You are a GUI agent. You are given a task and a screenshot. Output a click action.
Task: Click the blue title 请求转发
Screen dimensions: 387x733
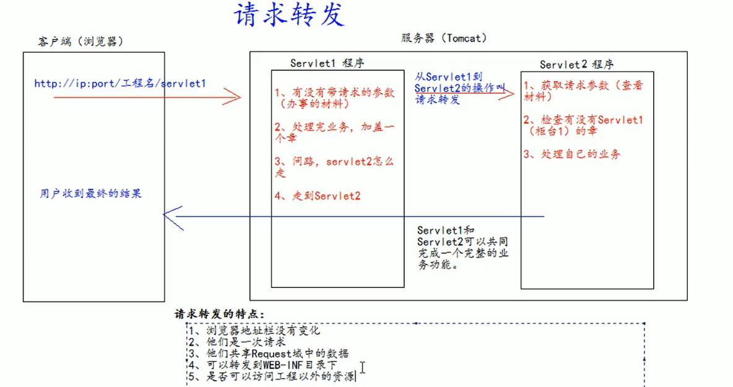(x=289, y=15)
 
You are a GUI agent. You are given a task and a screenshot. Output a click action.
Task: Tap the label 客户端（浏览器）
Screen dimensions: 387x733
(x=80, y=41)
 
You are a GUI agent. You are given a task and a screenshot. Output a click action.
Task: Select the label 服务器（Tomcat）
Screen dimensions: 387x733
(x=444, y=38)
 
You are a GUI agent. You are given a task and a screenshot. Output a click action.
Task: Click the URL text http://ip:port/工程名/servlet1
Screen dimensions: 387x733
(x=120, y=83)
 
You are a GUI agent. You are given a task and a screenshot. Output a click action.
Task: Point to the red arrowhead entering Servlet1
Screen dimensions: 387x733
(x=233, y=97)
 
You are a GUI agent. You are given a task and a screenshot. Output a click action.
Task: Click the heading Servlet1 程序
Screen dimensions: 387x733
(x=327, y=63)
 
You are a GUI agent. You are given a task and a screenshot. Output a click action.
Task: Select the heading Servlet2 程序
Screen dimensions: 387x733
(x=576, y=64)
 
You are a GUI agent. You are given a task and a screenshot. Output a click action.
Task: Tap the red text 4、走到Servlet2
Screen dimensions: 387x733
(x=318, y=196)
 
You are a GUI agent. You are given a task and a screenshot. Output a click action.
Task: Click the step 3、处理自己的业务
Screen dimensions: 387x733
(x=571, y=154)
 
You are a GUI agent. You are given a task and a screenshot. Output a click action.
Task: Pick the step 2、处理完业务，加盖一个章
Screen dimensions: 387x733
(x=334, y=133)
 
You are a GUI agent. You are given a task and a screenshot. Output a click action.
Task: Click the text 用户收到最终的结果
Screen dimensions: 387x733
(x=91, y=194)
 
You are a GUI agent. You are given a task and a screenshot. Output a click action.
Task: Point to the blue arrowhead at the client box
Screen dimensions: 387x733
(x=171, y=215)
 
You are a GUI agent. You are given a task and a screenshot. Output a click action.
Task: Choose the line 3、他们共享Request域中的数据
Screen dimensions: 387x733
(x=269, y=353)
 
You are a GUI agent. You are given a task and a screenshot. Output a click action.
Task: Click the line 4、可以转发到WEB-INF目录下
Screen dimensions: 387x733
(x=263, y=365)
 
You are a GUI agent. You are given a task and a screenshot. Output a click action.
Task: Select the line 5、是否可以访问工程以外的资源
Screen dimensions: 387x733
(x=272, y=376)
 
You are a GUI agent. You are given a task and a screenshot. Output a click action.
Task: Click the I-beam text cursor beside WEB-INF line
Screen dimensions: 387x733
(x=363, y=368)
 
